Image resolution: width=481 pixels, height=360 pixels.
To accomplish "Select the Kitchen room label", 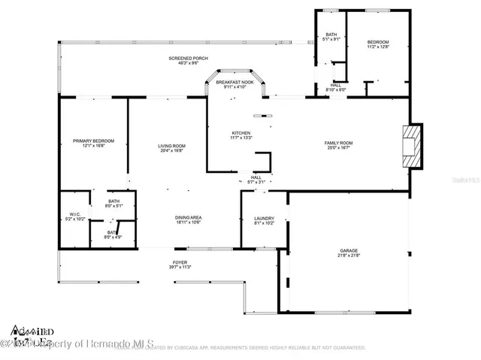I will [241, 133].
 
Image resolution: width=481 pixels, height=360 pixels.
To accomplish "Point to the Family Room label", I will [338, 143].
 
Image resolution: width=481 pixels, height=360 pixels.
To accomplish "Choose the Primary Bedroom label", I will [93, 141].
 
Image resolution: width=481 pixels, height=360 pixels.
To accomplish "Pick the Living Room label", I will [171, 145].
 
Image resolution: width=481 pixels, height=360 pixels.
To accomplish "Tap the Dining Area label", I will [188, 218].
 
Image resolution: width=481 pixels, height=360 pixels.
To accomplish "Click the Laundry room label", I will [263, 218].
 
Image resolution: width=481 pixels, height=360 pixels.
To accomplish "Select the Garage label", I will [349, 250].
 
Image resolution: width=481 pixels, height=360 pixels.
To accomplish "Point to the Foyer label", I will [180, 262].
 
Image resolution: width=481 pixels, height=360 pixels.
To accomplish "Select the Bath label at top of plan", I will [330, 37].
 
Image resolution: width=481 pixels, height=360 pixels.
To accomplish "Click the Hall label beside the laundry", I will [256, 177].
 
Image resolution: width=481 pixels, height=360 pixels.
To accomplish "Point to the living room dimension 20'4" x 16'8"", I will [171, 150].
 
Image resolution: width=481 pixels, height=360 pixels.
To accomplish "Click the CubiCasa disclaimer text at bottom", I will [240, 348].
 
